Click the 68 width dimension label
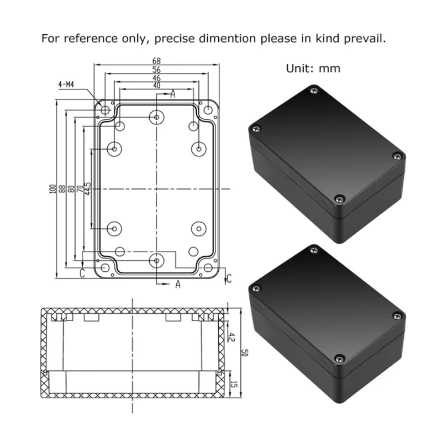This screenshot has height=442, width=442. [157, 60]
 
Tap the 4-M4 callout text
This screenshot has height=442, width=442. [66, 85]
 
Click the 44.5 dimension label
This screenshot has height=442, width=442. [88, 189]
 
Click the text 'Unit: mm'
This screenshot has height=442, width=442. [313, 69]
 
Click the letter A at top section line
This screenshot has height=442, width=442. [172, 95]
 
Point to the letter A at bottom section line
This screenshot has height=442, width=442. [178, 284]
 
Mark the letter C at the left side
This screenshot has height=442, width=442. [82, 273]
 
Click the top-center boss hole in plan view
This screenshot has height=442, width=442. [157, 117]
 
